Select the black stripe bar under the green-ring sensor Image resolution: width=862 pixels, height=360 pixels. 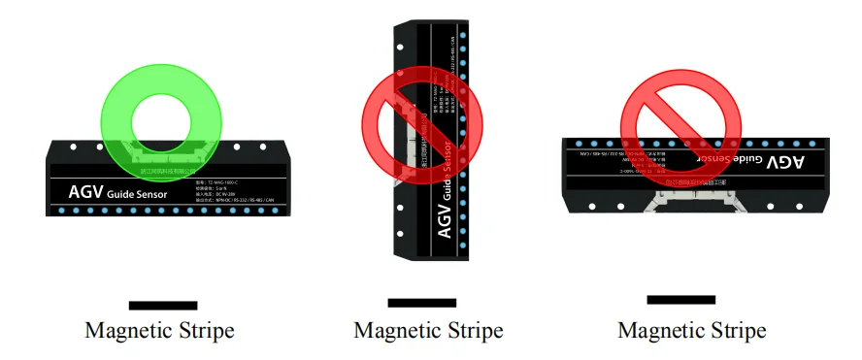click(x=162, y=306)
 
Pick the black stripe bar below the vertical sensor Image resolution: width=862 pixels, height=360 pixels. click(x=421, y=303)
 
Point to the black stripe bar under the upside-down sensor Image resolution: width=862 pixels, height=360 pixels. click(x=680, y=300)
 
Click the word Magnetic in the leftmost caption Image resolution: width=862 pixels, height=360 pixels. click(x=128, y=331)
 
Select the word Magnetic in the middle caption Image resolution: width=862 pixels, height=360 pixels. click(x=396, y=331)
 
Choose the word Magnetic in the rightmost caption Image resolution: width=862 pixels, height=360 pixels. click(x=661, y=331)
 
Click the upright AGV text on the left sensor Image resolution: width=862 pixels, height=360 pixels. click(x=85, y=192)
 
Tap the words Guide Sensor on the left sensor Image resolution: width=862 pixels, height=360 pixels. click(x=138, y=195)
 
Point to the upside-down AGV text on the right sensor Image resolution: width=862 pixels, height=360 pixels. click(x=787, y=160)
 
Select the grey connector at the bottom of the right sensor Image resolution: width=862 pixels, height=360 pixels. click(x=691, y=198)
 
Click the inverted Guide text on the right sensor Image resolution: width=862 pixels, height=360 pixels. click(x=747, y=158)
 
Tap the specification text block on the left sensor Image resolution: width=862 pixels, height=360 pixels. click(x=238, y=193)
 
